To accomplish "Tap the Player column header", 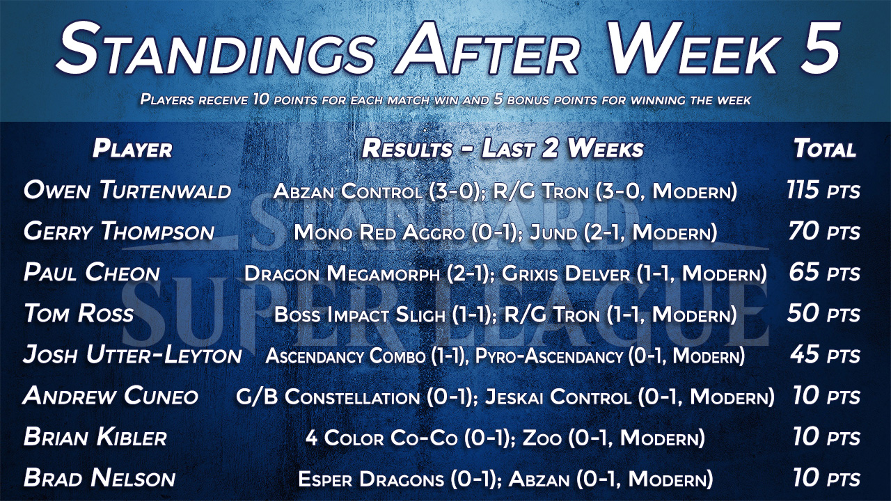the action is pos(132,149).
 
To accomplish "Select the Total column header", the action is pos(825,149).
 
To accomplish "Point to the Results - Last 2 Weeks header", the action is pos(503,149).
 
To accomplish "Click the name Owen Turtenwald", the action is pos(127,190).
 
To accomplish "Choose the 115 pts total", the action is pos(823,190).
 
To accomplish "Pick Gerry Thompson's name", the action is pos(119,232).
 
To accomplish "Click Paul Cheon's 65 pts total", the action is pos(825,273).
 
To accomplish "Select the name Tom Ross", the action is pos(79,313).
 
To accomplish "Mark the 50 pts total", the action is pos(823,313).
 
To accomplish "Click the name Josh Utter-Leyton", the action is pos(132,355).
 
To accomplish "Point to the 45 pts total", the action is pos(826,355).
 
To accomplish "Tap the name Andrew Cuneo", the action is pos(110,396).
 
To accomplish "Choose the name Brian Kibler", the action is pos(95,437).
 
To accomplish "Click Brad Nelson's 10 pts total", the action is pos(826,478).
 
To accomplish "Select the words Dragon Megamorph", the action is pos(342,273).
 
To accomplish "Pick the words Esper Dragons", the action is pos(371,479).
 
